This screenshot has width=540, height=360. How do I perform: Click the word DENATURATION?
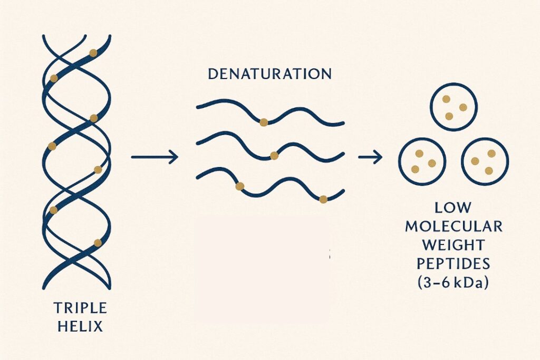[x=269, y=74]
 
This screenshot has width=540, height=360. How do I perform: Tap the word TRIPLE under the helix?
[x=80, y=308]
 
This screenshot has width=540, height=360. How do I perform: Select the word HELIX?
[x=80, y=326]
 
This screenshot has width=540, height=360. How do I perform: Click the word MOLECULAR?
[x=454, y=227]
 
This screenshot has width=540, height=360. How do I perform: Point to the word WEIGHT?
[x=454, y=245]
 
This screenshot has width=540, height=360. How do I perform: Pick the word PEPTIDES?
[x=454, y=264]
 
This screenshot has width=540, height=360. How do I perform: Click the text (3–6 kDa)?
[x=454, y=283]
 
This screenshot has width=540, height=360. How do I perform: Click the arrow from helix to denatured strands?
[x=155, y=157]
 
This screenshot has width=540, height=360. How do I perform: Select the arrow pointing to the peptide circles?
[x=370, y=157]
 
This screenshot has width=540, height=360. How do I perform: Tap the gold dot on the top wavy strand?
[x=264, y=122]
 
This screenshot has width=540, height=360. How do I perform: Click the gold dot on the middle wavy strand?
[x=274, y=156]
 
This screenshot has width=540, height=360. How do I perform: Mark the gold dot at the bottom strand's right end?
[x=323, y=199]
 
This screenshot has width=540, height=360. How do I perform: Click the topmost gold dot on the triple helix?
[x=93, y=53]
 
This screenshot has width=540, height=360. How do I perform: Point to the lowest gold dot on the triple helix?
[x=98, y=242]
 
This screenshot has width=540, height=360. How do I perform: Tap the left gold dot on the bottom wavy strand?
[x=240, y=187]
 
